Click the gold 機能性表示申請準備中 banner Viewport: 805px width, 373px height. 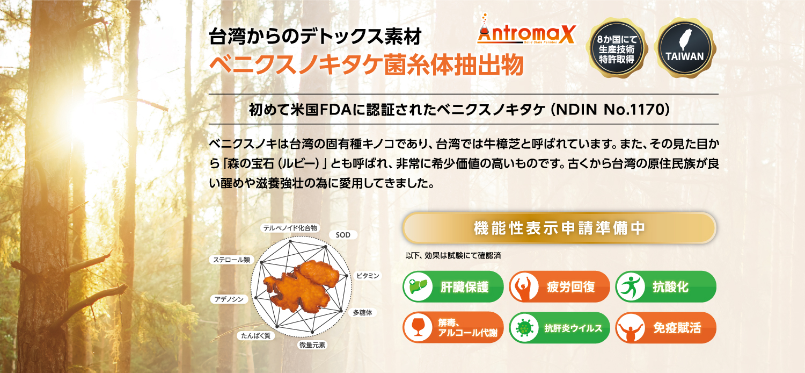[559, 228]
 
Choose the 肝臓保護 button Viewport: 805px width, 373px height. [453, 286]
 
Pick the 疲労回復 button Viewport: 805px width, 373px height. [559, 286]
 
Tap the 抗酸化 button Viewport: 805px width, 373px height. [665, 286]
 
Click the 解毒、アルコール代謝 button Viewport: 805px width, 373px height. [453, 328]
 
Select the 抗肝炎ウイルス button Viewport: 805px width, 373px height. [559, 328]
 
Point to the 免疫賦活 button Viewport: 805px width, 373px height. [665, 328]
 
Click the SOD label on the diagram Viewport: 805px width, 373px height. [343, 235]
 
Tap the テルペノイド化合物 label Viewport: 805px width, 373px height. [290, 228]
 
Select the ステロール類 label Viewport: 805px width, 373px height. [231, 260]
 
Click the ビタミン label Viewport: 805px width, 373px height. [367, 276]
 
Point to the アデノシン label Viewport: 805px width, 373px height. [229, 299]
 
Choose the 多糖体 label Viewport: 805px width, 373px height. [362, 312]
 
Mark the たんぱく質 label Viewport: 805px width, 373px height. [255, 335]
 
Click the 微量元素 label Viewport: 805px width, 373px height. [312, 345]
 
